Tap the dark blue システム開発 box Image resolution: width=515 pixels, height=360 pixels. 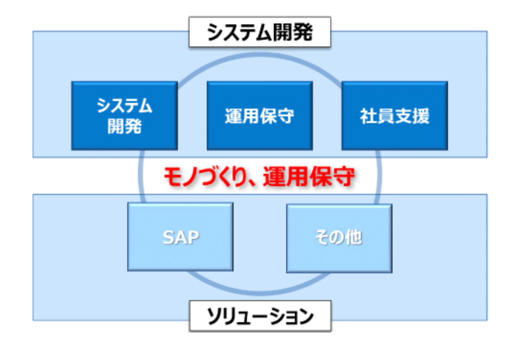(x=124, y=115)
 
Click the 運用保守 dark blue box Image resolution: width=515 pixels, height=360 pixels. (x=260, y=115)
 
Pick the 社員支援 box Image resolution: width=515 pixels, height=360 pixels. (x=395, y=115)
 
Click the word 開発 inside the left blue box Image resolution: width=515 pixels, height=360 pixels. (x=124, y=126)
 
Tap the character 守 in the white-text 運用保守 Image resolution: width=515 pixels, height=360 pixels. (x=286, y=116)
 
